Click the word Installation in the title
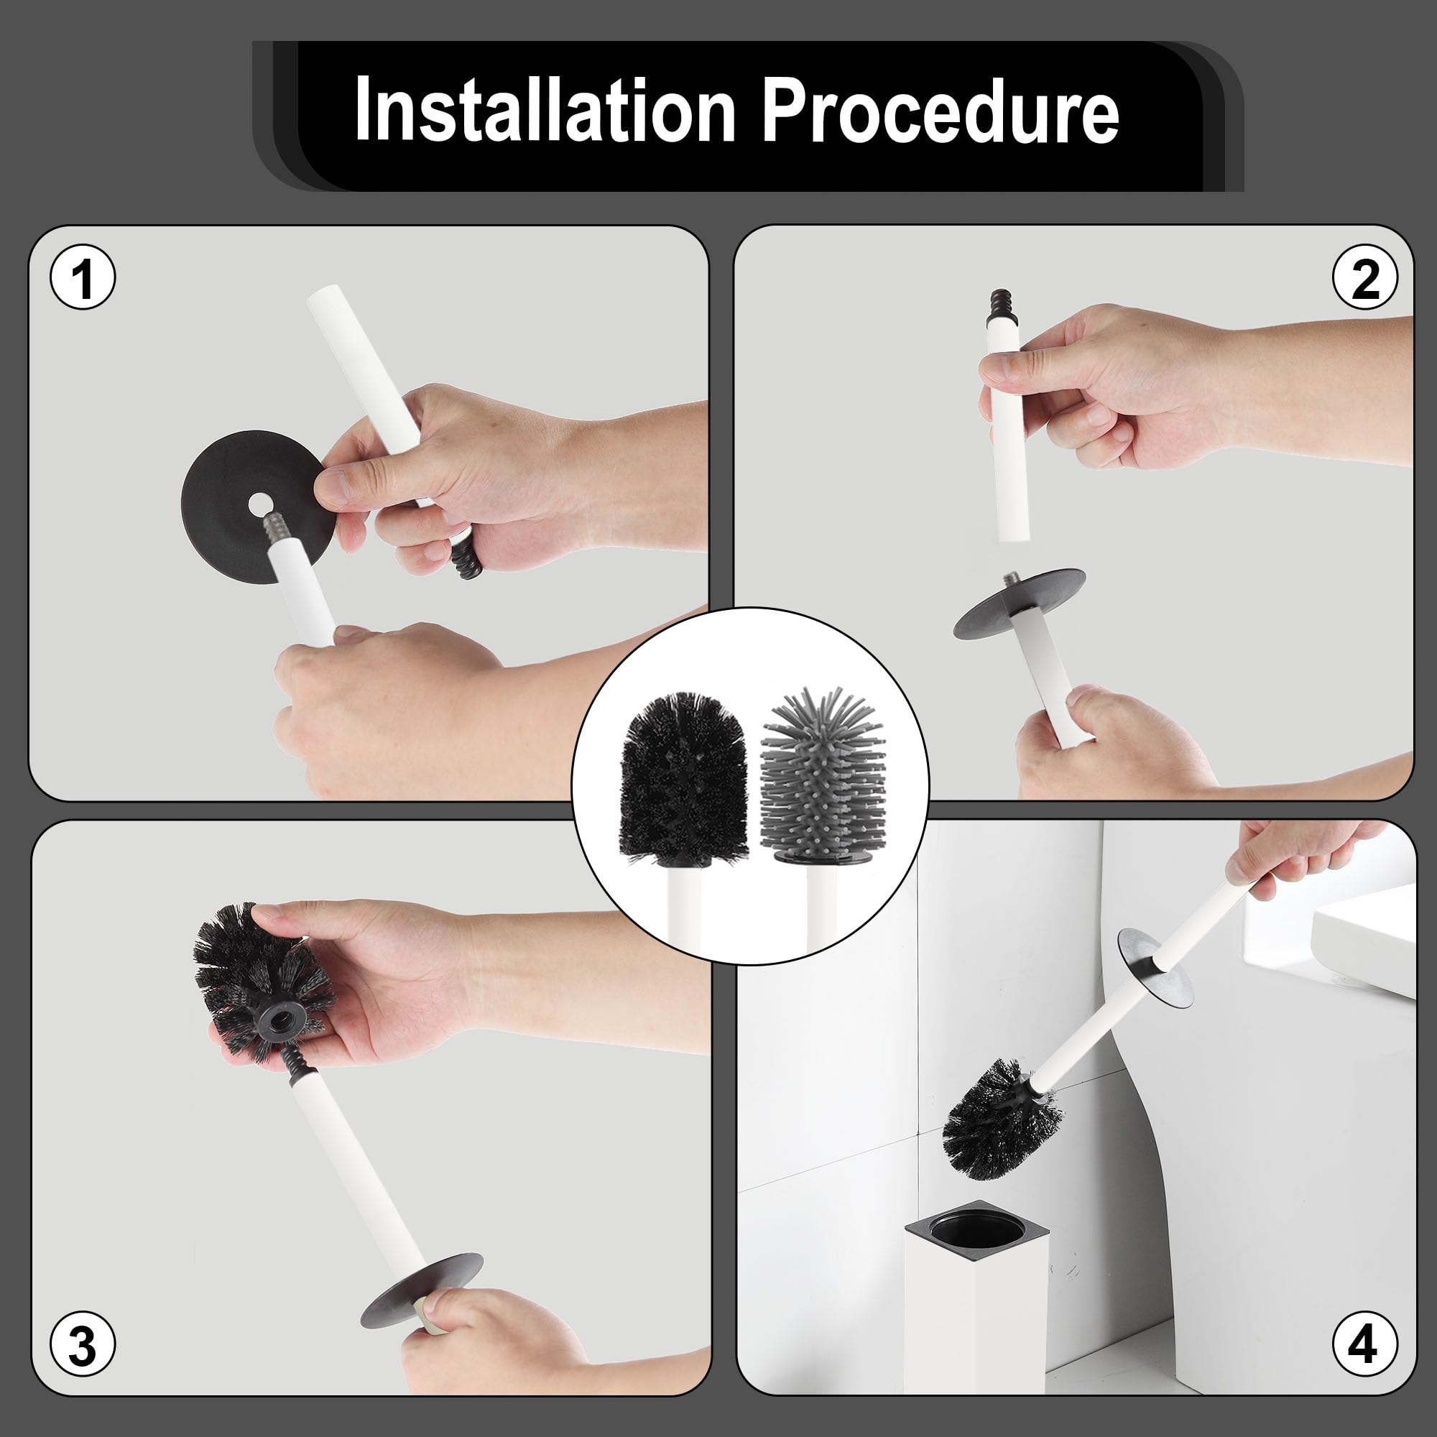tap(545, 110)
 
